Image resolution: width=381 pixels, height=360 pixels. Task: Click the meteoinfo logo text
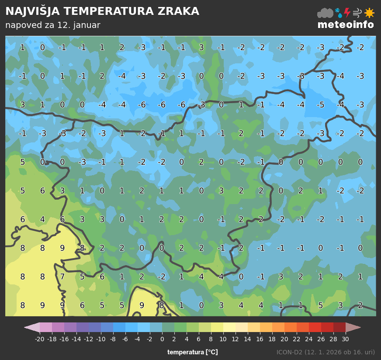(346, 24)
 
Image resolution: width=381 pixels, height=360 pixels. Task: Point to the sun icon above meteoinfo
(369, 13)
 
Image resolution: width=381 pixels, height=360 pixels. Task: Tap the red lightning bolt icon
(347, 13)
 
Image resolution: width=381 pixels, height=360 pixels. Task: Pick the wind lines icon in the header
(357, 13)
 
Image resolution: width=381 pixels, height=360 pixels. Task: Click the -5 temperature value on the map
(320, 105)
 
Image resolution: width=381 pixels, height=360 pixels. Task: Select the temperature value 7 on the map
(62, 277)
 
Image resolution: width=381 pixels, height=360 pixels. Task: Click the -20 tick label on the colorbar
(39, 339)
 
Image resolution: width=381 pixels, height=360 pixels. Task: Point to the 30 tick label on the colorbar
(345, 339)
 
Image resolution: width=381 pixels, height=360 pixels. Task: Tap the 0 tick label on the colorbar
(162, 339)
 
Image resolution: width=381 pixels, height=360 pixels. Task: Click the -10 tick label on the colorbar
(100, 339)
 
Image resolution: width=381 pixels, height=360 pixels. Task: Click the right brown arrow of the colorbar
(353, 327)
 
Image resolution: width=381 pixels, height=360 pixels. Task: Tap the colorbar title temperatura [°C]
(192, 352)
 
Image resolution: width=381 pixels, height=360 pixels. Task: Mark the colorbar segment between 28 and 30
(339, 327)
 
